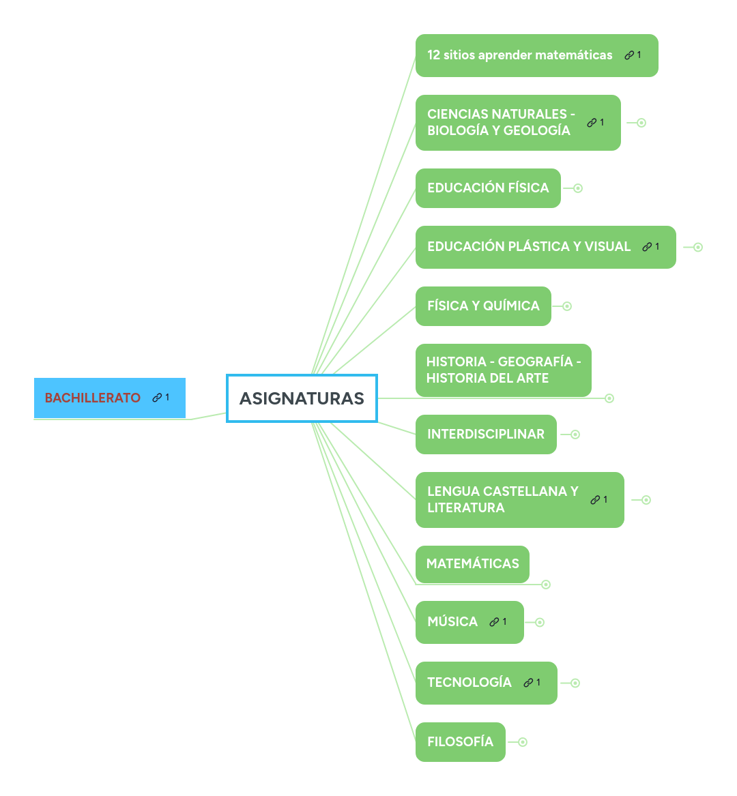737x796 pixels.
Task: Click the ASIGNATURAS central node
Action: [302, 398]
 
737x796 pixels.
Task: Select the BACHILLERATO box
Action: [110, 398]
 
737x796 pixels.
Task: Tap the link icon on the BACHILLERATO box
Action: [157, 398]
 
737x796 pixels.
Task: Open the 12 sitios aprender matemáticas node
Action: [537, 55]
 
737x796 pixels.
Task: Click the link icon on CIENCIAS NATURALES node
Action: [592, 123]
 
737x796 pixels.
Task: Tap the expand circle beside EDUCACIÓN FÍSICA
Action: [578, 188]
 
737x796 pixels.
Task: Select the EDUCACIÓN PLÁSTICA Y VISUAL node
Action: [545, 247]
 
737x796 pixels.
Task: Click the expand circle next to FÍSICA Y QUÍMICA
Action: [567, 306]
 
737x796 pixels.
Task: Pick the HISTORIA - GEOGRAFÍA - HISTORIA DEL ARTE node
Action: [504, 370]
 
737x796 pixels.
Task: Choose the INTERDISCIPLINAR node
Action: [486, 434]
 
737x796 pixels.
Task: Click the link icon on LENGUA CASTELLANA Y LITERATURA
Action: [595, 500]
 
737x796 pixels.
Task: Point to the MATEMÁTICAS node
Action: [472, 564]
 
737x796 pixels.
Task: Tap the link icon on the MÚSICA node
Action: [494, 622]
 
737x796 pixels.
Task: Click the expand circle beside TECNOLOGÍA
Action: [575, 683]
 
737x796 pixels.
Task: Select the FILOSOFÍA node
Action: [460, 742]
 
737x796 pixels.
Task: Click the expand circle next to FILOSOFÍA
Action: [523, 742]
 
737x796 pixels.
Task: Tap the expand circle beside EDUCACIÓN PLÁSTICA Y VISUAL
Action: [698, 247]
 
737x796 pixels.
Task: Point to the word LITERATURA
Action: [466, 507]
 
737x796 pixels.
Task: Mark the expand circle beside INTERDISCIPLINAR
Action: [575, 434]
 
